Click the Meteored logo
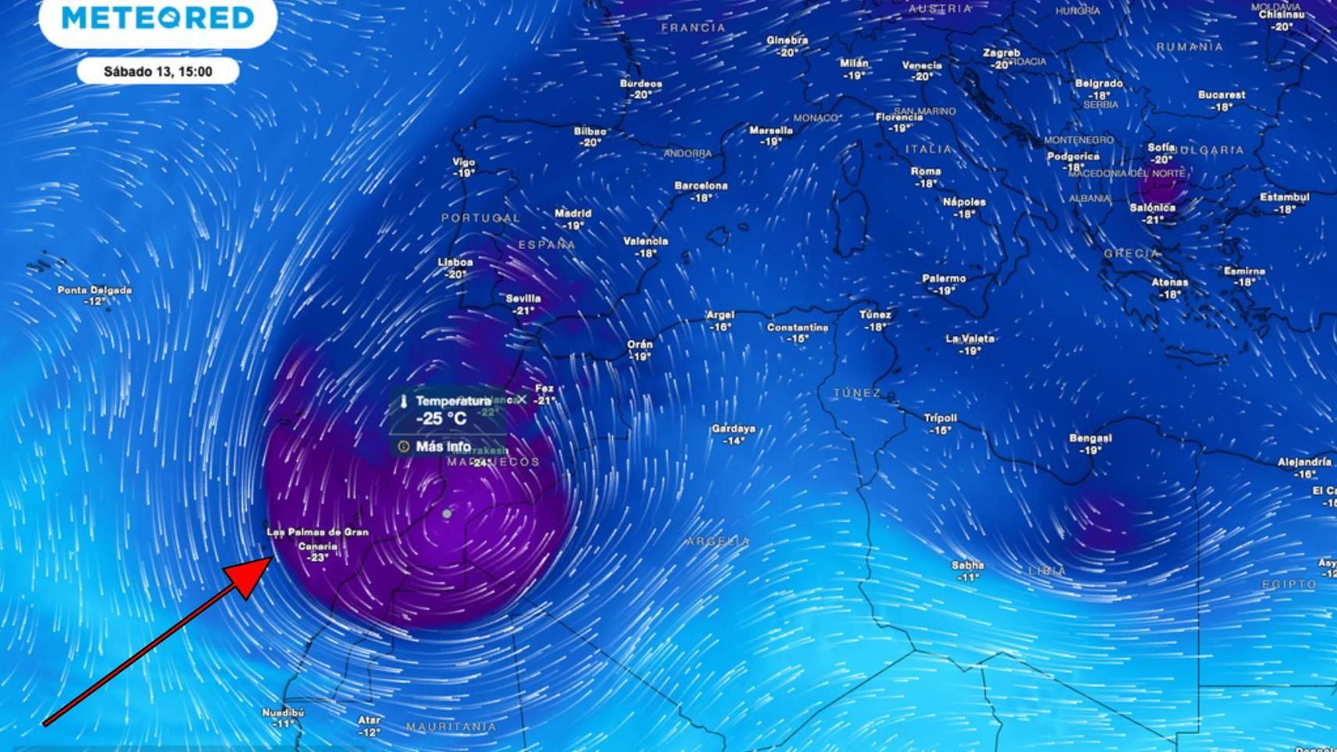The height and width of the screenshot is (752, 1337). coord(158,18)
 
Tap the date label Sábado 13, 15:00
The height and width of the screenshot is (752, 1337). coord(158,71)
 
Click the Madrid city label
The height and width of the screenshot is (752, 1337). coord(573,213)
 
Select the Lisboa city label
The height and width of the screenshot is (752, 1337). coord(455,262)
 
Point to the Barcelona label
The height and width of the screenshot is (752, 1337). coord(701,186)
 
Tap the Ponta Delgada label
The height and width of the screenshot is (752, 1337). coord(95,290)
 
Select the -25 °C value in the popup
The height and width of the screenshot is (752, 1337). coord(441,419)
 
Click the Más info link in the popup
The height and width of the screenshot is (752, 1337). coord(443,446)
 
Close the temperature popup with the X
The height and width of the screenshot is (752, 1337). coord(522,399)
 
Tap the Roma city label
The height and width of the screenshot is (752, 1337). coord(926,172)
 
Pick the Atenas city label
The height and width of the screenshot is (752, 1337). coord(1169,283)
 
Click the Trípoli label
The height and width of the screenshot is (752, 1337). coord(940,418)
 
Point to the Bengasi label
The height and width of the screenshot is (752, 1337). coord(1090,439)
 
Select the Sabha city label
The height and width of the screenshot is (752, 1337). coord(968,565)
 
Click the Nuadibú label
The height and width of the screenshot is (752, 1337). coord(283,713)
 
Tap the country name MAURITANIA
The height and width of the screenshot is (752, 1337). coord(451,727)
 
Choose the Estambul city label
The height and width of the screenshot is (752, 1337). coord(1284,197)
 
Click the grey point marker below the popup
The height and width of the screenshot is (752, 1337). coord(447,514)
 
